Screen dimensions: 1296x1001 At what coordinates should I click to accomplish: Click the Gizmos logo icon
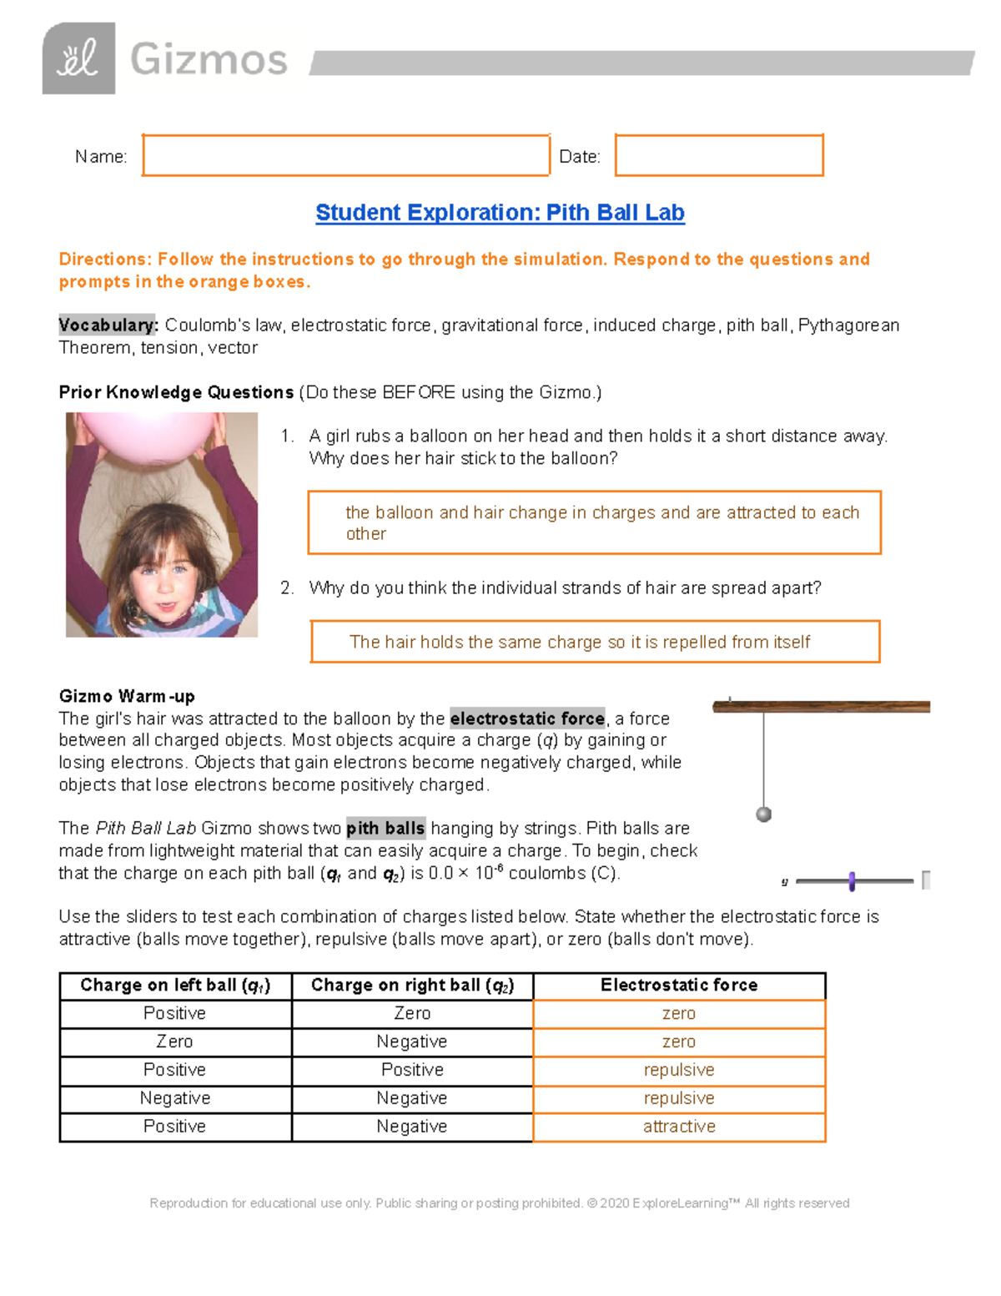[78, 58]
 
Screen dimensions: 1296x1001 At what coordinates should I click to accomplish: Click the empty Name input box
[345, 155]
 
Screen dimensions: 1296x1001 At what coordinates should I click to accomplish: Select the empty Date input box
[719, 155]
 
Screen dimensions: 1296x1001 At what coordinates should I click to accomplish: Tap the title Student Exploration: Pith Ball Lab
[500, 213]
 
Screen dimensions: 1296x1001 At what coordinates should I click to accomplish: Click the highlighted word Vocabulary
[108, 325]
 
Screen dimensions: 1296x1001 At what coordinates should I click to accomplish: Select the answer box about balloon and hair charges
[594, 523]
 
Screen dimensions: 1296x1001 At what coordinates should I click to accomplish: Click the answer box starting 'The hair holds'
[595, 642]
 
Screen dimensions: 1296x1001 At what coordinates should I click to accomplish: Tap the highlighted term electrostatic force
[527, 719]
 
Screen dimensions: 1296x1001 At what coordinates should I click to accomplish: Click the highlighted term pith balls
[385, 829]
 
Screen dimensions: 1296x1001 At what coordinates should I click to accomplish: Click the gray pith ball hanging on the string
[763, 814]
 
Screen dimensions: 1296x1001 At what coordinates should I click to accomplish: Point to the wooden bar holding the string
[821, 707]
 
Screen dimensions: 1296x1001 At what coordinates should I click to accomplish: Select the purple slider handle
[852, 881]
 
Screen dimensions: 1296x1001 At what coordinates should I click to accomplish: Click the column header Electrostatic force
[679, 986]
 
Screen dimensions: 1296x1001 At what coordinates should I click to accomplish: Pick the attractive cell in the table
[679, 1127]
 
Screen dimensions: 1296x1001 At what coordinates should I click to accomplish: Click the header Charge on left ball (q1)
[175, 986]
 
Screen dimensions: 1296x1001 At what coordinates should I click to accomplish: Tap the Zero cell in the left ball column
[175, 1041]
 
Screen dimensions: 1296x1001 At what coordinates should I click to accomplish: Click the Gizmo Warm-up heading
[127, 696]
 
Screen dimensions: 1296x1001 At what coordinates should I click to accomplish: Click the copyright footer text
[499, 1203]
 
